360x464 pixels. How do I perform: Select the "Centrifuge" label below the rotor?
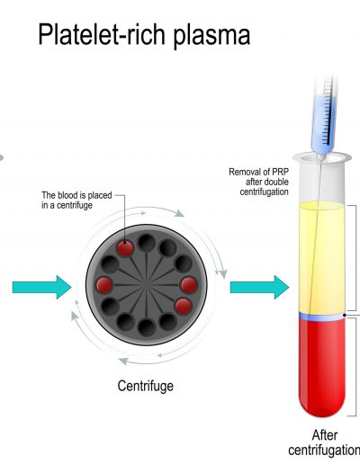coord(146,386)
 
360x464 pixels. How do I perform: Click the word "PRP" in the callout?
coord(280,172)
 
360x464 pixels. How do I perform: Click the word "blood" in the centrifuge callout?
coord(67,195)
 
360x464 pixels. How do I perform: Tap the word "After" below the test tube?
coord(325,435)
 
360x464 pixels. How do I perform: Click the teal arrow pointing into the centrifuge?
coord(41,287)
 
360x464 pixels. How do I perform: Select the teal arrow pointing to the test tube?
coord(259,287)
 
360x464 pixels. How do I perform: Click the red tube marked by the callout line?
coord(125,248)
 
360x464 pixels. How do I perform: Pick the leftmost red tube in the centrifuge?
coord(104,285)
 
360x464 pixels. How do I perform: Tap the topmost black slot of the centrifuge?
coord(147,243)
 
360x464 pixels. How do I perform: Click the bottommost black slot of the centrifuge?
coord(147,327)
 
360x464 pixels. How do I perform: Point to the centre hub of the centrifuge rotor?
coord(147,285)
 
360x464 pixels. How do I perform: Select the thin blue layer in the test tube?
coord(321,317)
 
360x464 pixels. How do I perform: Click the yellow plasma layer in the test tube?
coord(321,258)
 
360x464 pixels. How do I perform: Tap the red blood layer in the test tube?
coord(321,367)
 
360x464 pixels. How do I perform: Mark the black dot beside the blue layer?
coord(345,315)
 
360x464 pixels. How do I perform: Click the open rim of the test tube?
coord(322,157)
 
